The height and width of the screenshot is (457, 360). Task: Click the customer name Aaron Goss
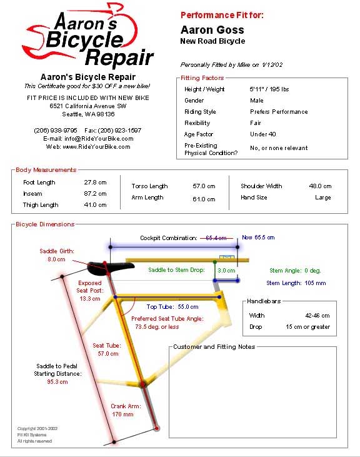(x=212, y=30)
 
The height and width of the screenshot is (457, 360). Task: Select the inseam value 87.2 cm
(x=95, y=194)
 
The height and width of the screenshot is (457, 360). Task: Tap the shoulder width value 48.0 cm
(x=320, y=186)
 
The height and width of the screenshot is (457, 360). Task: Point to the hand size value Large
(x=323, y=198)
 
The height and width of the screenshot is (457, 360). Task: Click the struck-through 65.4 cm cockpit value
(x=216, y=238)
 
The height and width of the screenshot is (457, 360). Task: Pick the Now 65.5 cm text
(x=258, y=237)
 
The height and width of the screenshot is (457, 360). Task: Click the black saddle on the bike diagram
(x=111, y=268)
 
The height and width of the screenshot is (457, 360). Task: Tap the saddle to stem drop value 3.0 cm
(x=226, y=271)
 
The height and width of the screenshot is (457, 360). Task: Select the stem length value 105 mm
(x=315, y=283)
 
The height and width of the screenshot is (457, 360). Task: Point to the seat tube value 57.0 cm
(x=108, y=353)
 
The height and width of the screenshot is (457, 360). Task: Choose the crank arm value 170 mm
(x=122, y=414)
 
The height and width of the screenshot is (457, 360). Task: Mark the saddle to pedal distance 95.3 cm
(x=57, y=381)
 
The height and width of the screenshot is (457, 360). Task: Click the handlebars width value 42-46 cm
(x=317, y=315)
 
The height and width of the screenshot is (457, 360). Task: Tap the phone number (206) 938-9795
(x=56, y=130)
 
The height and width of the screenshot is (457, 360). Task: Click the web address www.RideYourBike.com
(x=96, y=146)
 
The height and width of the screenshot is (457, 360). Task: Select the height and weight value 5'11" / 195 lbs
(x=269, y=89)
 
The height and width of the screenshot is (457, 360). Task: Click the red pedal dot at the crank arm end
(x=157, y=428)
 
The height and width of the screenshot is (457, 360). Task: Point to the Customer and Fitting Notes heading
(x=214, y=346)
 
